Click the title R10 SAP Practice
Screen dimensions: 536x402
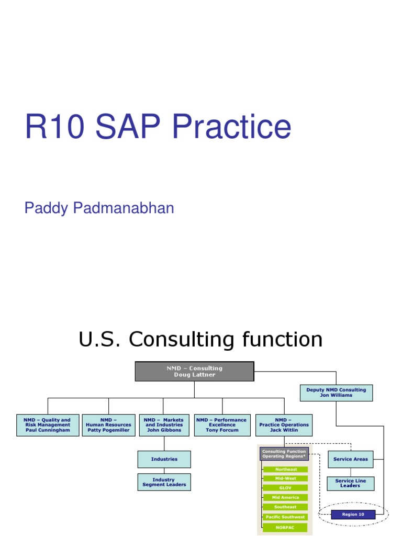tap(158, 127)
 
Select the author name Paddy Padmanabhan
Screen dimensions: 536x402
tap(99, 208)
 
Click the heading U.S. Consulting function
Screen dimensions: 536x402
tap(200, 340)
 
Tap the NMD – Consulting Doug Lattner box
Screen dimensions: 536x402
tap(194, 371)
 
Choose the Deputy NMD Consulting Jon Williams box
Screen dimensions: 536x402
tap(336, 393)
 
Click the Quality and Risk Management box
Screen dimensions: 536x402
tap(48, 425)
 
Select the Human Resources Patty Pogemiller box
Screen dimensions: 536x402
tap(108, 425)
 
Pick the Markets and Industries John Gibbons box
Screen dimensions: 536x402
tap(163, 425)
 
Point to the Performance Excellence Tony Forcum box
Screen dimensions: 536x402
tap(222, 425)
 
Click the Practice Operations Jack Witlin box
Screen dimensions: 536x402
tap(284, 425)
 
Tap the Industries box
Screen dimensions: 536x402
tap(164, 459)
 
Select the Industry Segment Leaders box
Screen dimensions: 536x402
tap(164, 482)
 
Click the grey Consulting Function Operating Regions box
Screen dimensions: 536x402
tap(284, 453)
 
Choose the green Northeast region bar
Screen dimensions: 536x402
tap(286, 470)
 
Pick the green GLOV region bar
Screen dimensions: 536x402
tap(286, 488)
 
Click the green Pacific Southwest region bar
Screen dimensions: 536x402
tap(286, 517)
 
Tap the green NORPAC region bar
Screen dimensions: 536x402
tap(286, 527)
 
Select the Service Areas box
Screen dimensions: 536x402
tap(351, 459)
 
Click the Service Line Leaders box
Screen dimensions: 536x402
tap(351, 483)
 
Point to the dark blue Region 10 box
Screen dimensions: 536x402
tap(353, 514)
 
